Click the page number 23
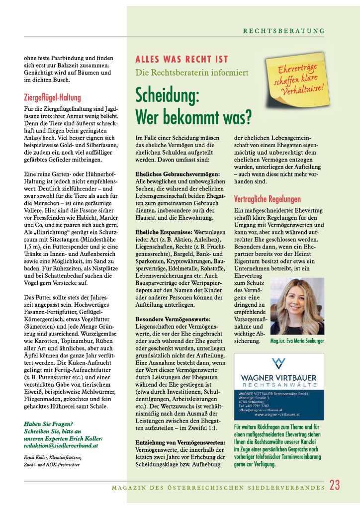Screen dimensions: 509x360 [x=335, y=486]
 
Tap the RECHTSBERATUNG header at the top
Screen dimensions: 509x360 [x=283, y=31]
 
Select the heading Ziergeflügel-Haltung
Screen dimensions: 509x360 [x=52, y=97]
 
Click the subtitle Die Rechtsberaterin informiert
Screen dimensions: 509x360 [x=192, y=73]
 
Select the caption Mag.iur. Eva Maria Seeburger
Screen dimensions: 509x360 [x=297, y=341]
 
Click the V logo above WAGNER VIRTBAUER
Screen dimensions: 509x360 [x=278, y=363]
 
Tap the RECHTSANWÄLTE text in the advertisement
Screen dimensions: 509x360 [x=278, y=385]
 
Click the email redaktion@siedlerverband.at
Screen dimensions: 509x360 [x=61, y=445]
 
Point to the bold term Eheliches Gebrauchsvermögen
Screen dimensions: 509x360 [x=177, y=174]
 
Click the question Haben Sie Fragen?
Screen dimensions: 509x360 [x=48, y=424]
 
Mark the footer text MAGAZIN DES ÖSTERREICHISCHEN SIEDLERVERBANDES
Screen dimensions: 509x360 [x=217, y=488]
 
